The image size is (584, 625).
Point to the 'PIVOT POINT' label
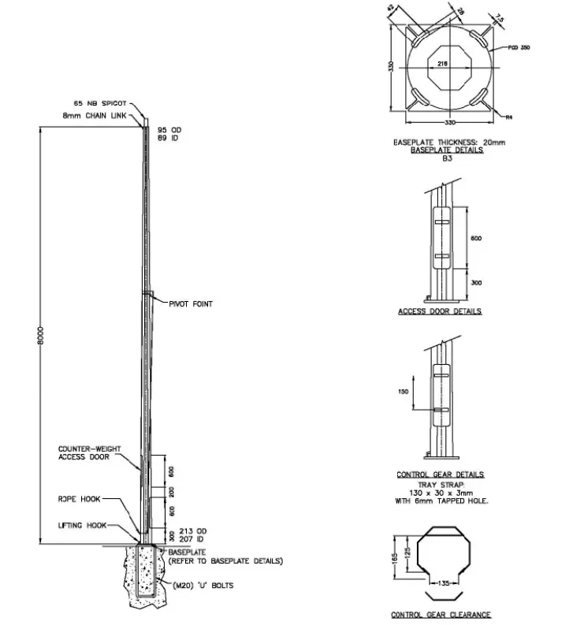tap(190, 303)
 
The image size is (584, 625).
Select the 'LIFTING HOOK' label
tap(82, 525)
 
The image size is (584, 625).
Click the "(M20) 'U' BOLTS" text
tap(203, 586)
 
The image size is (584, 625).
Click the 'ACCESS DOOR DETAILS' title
tap(440, 311)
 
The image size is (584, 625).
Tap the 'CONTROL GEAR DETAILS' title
tap(441, 474)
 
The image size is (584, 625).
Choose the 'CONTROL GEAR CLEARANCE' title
tap(441, 615)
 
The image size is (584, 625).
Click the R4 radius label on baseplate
tap(508, 117)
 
